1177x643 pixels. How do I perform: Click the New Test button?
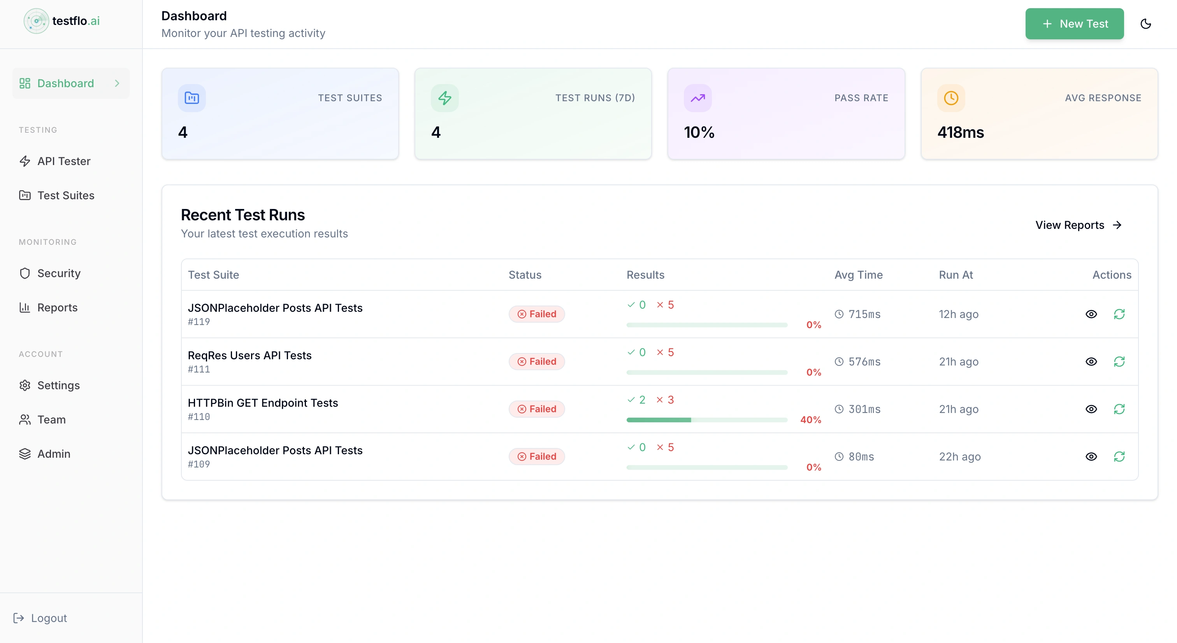[x=1074, y=24]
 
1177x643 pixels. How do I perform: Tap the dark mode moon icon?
[x=1145, y=24]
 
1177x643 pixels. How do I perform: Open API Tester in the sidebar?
[x=63, y=161]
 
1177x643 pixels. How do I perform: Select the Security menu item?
[x=58, y=273]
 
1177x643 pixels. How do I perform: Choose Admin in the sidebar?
[x=53, y=454]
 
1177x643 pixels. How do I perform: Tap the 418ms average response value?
[x=961, y=132]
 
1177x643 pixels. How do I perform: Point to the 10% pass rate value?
[x=699, y=132]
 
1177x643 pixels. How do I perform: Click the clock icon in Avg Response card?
[x=951, y=98]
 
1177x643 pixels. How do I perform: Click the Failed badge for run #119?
[x=536, y=314]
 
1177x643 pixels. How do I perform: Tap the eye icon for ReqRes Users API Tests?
[x=1091, y=362]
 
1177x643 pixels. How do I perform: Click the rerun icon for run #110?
[x=1119, y=409]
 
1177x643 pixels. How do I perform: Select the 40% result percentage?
[x=811, y=420]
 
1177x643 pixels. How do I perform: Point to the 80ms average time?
[x=861, y=457]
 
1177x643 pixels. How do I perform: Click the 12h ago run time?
[x=959, y=314]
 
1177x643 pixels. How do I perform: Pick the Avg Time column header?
[x=859, y=275]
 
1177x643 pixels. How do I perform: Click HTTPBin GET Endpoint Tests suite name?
[x=263, y=402]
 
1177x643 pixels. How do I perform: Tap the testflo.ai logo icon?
[x=36, y=21]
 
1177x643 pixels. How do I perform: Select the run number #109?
[x=199, y=464]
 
